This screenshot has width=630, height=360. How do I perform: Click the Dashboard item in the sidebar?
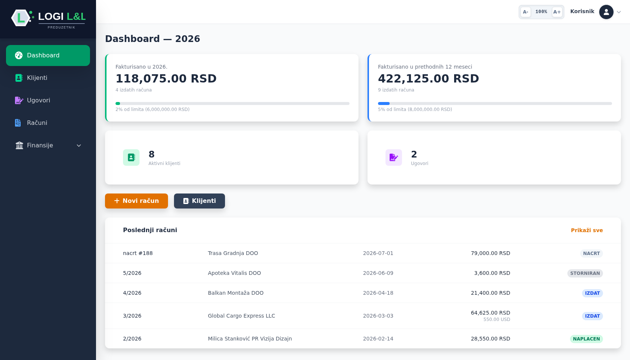48,55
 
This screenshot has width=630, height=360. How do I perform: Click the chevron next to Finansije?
79,145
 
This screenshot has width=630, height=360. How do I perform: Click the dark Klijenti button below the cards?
199,201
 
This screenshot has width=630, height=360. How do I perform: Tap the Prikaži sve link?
586,230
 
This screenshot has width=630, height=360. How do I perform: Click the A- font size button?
525,12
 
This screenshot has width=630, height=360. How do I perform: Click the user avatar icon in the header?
606,12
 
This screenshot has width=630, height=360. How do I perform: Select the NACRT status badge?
591,253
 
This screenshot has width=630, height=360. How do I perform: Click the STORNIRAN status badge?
585,273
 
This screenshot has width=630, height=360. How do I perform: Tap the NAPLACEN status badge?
586,339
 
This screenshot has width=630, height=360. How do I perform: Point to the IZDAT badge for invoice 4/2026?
592,293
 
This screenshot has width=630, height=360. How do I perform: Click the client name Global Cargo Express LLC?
241,316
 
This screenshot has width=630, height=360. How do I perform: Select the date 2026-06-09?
378,273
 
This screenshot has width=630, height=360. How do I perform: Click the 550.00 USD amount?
496,319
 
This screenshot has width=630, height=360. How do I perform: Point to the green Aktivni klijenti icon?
131,157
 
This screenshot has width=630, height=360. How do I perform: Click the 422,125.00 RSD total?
428,78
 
